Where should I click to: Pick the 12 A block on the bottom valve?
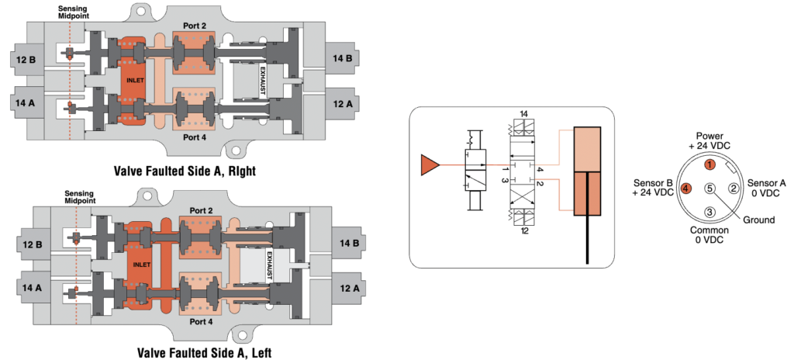point(347,287)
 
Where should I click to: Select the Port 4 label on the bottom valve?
point(199,321)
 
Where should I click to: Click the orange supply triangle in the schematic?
point(428,165)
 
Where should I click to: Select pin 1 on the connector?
point(709,165)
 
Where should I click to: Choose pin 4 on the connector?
point(685,189)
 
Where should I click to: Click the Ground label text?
point(758,220)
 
